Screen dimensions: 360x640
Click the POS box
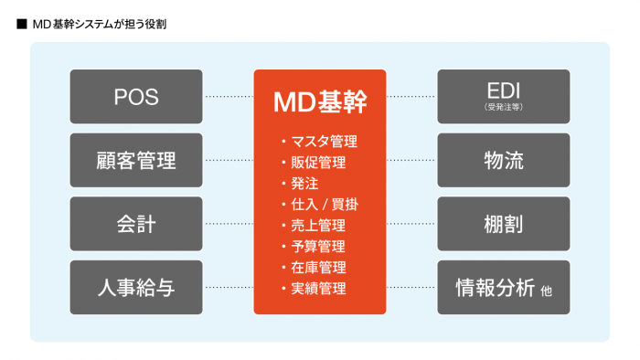pyautogui.click(x=136, y=97)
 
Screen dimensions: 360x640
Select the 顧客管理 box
pyautogui.click(x=136, y=160)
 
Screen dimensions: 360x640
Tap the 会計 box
pyautogui.click(x=136, y=224)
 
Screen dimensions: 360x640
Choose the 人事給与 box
pyautogui.click(x=136, y=288)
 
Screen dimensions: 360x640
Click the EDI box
pyautogui.click(x=503, y=97)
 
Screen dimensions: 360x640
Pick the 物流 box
pyautogui.click(x=503, y=160)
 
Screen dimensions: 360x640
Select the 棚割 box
pyautogui.click(x=503, y=224)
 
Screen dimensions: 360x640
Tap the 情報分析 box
pyautogui.click(x=503, y=288)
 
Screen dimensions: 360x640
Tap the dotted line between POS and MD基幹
pyautogui.click(x=229, y=97)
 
